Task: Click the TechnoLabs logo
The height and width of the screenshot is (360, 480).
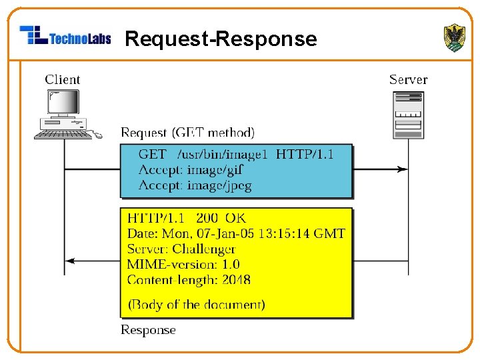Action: point(65,35)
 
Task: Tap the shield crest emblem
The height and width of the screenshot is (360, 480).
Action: point(455,37)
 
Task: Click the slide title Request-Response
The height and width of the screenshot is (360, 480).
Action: point(221,39)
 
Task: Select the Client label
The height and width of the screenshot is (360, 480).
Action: point(63,79)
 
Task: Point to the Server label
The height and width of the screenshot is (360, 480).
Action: point(409,79)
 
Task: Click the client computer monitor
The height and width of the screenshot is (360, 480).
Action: point(63,102)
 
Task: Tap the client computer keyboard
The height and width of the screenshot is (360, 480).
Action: point(63,135)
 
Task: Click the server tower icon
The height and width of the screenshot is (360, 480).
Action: point(409,115)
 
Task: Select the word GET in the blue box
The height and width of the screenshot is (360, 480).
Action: point(153,154)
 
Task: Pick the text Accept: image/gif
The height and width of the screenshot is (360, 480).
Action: point(191,170)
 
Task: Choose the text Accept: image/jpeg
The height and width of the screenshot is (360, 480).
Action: point(195,186)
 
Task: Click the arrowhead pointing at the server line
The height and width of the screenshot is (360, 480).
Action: point(402,169)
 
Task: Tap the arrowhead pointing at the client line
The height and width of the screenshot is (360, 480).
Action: point(70,261)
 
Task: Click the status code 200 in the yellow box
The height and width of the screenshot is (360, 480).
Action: point(207,218)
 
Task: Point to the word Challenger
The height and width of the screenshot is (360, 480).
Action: point(204,249)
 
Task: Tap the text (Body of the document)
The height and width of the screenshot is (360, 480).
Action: point(196,305)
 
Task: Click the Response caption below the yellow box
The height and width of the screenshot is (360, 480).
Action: point(148,330)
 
